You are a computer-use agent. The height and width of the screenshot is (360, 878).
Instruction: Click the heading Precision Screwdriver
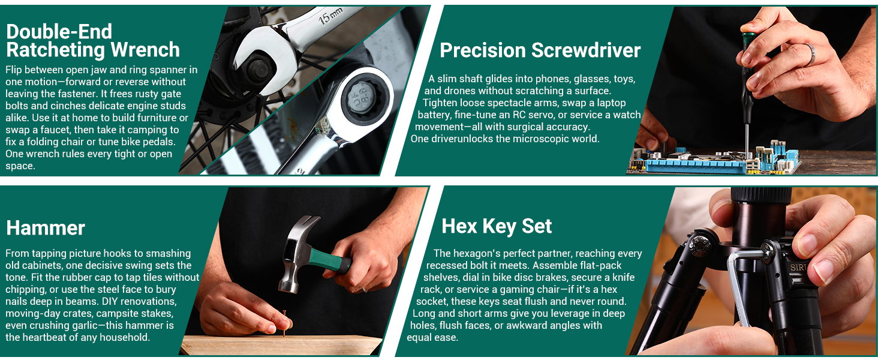tap(540, 50)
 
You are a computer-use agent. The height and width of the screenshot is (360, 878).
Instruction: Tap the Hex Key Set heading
tap(497, 226)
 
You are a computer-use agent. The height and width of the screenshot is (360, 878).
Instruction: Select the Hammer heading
tap(46, 228)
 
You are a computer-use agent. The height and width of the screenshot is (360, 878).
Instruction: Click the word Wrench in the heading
tap(145, 50)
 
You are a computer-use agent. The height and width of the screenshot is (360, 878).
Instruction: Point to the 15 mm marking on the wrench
tap(330, 16)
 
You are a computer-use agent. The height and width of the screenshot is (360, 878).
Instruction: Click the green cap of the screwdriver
tap(748, 40)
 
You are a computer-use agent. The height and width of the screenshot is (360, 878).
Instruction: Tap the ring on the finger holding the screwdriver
tap(810, 54)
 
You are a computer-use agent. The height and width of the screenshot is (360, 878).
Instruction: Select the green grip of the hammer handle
tap(330, 260)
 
